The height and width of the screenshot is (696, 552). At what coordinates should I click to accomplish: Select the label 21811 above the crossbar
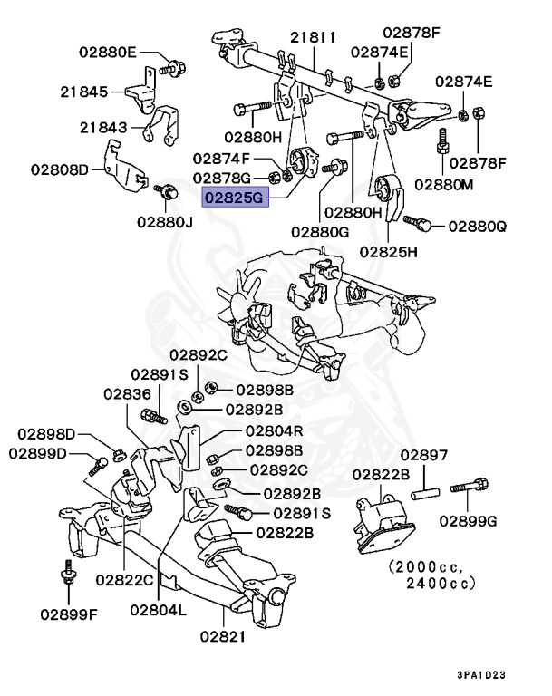tap(313, 38)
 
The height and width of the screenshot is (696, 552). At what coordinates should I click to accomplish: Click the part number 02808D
tap(61, 169)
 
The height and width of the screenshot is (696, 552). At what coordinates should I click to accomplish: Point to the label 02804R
tap(278, 431)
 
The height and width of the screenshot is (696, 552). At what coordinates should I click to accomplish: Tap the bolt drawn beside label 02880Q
tap(420, 220)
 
